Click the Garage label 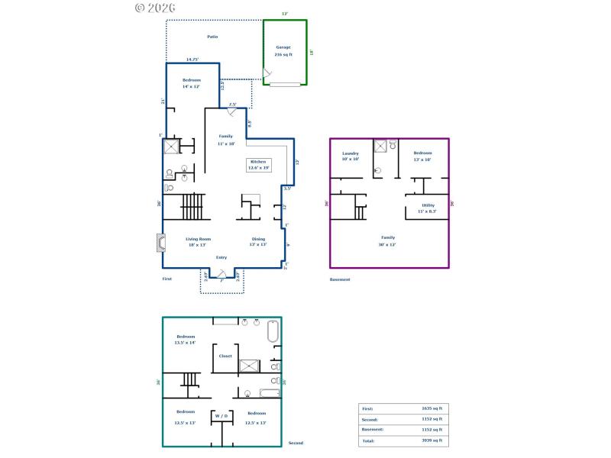coord(283,47)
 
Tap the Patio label coord(213,37)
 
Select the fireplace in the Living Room coord(160,243)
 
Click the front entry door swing coord(221,273)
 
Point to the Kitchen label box coord(258,165)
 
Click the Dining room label coord(259,240)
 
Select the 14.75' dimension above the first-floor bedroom coord(193,60)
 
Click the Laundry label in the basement coord(351,153)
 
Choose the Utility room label coord(428,205)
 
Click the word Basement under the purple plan coord(340,279)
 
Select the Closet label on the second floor coord(225,356)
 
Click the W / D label coord(221,416)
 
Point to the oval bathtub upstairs coord(273,333)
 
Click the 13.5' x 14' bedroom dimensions coord(186,343)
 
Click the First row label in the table coord(367,408)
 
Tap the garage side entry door coord(267,74)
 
